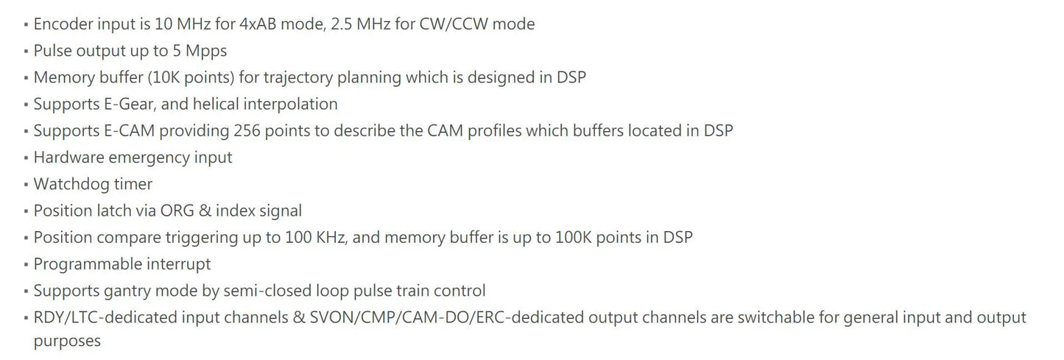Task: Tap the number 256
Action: pyautogui.click(x=248, y=130)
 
